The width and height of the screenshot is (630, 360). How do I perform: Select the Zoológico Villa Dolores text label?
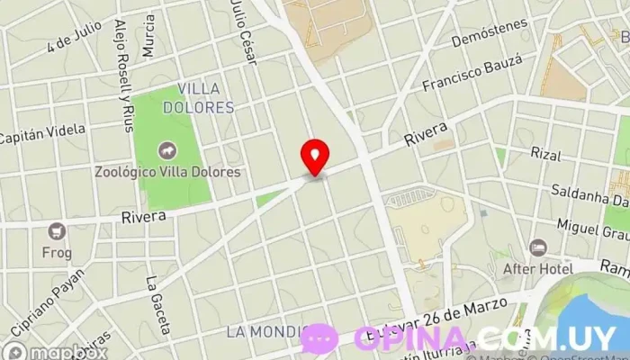click(167, 172)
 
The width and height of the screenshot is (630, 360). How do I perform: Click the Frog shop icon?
click(57, 231)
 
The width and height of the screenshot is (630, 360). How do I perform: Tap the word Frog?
click(57, 253)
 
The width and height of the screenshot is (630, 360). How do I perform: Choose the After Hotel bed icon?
click(538, 247)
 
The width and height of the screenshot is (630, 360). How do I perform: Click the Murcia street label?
click(148, 33)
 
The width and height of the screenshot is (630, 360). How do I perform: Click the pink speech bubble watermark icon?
click(319, 338)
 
